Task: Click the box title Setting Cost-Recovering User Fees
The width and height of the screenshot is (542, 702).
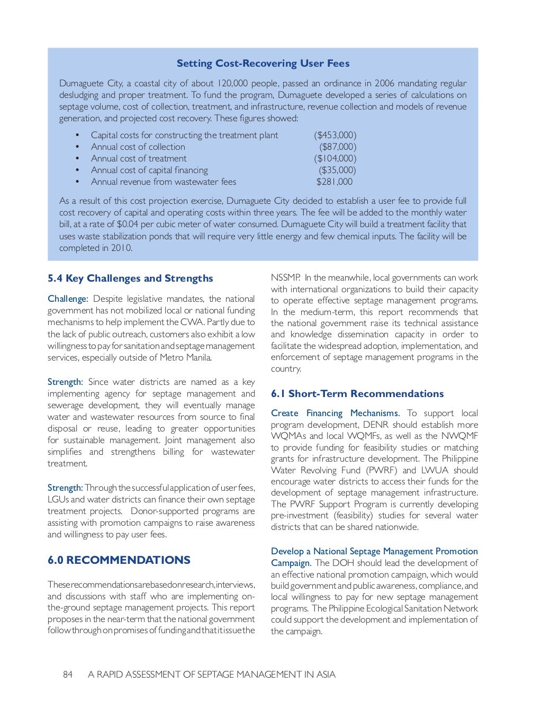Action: point(263,64)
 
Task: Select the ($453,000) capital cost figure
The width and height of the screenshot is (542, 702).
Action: point(335,136)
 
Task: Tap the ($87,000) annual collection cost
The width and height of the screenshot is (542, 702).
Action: point(338,147)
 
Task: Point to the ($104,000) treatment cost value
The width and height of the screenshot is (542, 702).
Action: point(335,159)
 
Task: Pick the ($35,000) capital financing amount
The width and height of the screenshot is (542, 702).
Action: point(337,170)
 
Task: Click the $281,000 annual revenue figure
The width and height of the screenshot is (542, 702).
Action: point(334,182)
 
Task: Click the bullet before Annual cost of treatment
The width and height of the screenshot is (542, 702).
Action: point(77,159)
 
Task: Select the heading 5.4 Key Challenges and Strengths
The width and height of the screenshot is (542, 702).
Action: point(130,278)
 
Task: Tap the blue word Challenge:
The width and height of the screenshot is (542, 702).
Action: point(68,299)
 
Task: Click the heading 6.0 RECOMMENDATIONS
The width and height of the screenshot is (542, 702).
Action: point(119,560)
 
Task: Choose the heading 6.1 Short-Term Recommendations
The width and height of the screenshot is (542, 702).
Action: point(357,394)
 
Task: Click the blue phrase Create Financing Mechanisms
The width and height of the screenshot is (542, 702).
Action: point(335,413)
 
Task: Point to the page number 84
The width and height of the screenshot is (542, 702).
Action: point(68,674)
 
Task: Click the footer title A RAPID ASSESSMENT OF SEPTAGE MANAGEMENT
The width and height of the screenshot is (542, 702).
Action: point(212,674)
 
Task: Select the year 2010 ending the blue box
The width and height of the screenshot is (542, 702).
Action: point(121,248)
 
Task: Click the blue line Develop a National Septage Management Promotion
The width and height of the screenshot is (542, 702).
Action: point(374,552)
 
